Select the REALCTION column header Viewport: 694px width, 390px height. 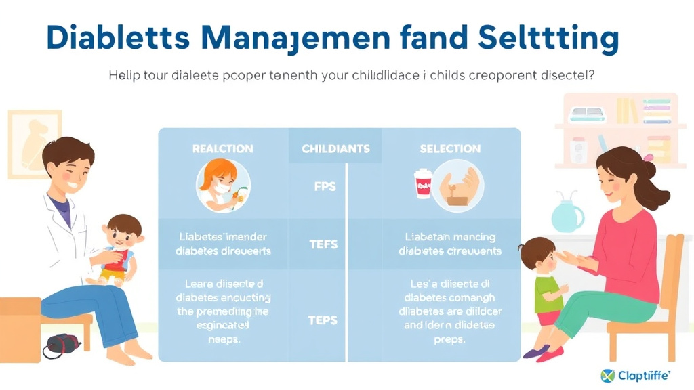(223, 148)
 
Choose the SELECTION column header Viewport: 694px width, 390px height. (450, 148)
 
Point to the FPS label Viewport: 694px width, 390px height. (325, 186)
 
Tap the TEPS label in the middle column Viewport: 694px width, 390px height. (323, 320)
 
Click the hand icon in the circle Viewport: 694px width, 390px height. (460, 184)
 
